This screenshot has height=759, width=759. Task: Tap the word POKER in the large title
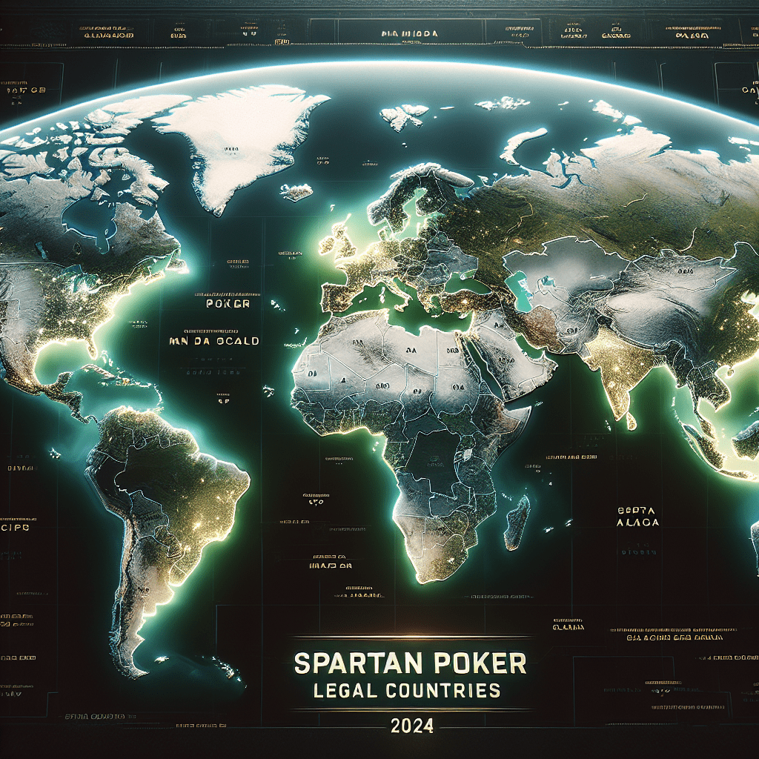coord(474,663)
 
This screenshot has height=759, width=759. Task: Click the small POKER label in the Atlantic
coord(228,304)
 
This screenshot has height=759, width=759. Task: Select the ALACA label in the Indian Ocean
coord(637,523)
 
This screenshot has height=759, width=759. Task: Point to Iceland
coord(296,192)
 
